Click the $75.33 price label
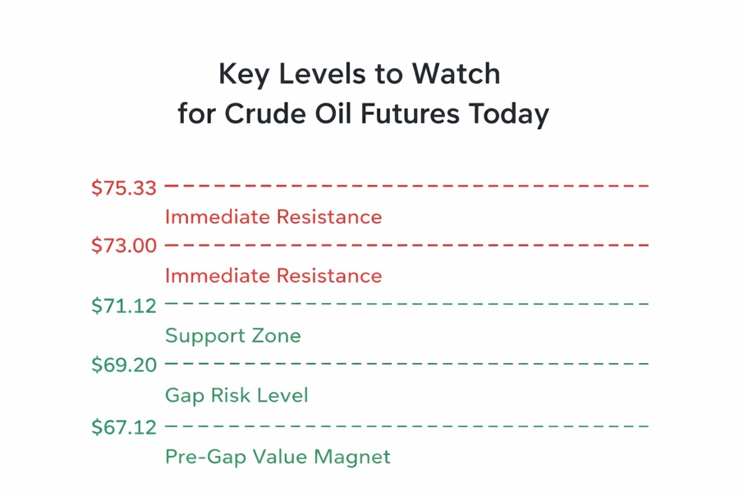123,188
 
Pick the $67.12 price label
123,428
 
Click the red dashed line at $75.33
406,187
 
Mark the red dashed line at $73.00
406,245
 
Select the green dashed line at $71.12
406,304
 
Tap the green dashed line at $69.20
406,363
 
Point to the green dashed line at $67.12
406,426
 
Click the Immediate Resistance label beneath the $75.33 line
273,217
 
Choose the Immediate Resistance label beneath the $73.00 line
273,275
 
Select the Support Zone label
233,336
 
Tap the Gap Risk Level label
236,395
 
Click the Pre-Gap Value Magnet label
278,457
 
